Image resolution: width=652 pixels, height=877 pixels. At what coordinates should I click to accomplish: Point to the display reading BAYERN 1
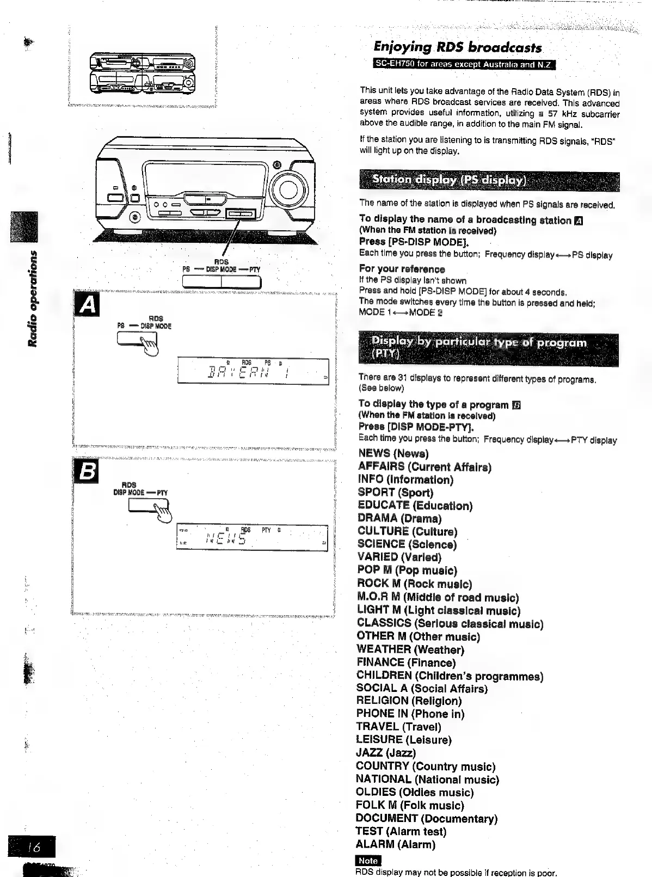click(x=253, y=372)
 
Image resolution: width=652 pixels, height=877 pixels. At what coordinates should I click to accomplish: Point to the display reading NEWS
click(x=253, y=538)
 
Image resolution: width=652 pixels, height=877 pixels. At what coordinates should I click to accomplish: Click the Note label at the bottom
click(x=368, y=861)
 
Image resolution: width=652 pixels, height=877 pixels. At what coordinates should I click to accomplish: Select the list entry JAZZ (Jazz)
click(x=385, y=753)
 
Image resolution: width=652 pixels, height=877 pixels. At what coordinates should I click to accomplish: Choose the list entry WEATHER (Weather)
click(x=410, y=649)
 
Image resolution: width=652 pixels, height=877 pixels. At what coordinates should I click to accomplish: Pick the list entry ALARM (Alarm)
click(x=395, y=844)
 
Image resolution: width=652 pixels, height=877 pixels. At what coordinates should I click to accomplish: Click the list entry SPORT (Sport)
click(x=395, y=493)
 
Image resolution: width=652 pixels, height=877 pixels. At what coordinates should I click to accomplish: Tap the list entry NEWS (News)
click(x=393, y=453)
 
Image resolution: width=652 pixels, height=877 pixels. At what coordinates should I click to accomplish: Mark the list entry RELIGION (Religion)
click(x=408, y=701)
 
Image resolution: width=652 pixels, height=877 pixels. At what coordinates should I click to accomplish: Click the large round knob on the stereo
click(x=288, y=189)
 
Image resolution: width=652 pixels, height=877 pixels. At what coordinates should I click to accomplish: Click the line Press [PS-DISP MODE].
click(x=414, y=242)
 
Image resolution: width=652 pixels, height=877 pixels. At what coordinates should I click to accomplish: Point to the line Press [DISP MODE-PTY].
click(x=416, y=427)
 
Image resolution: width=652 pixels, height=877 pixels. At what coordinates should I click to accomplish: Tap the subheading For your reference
click(x=402, y=269)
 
